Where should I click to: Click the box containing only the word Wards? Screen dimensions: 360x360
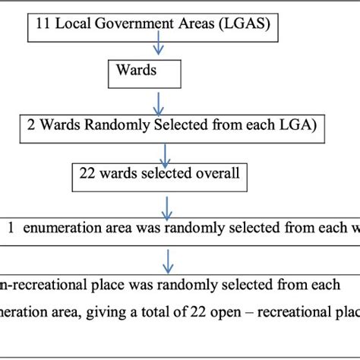143,73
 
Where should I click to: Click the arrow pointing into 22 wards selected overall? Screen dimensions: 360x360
157,150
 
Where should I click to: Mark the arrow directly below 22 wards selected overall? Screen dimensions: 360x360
166,206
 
